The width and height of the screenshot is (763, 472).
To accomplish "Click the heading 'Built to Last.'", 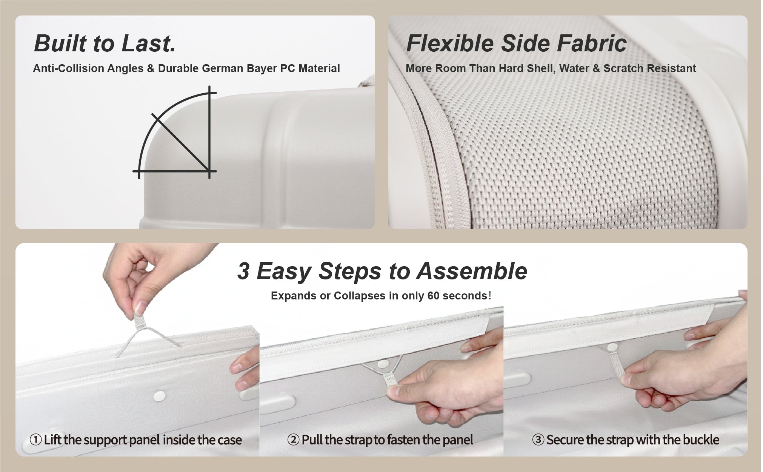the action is click(105, 43).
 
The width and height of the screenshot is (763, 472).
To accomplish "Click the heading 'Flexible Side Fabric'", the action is click(516, 43).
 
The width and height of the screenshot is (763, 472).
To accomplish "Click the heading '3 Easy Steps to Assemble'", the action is click(382, 271).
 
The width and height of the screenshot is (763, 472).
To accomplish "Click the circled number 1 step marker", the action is click(35, 440).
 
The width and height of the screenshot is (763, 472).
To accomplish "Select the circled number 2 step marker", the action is click(293, 440).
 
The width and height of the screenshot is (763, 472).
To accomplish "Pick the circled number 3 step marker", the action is click(538, 440).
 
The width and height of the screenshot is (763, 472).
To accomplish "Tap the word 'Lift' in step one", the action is click(52, 440).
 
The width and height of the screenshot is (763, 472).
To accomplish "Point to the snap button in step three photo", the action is click(612, 347).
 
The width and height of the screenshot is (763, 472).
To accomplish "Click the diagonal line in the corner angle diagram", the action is click(181, 142).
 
